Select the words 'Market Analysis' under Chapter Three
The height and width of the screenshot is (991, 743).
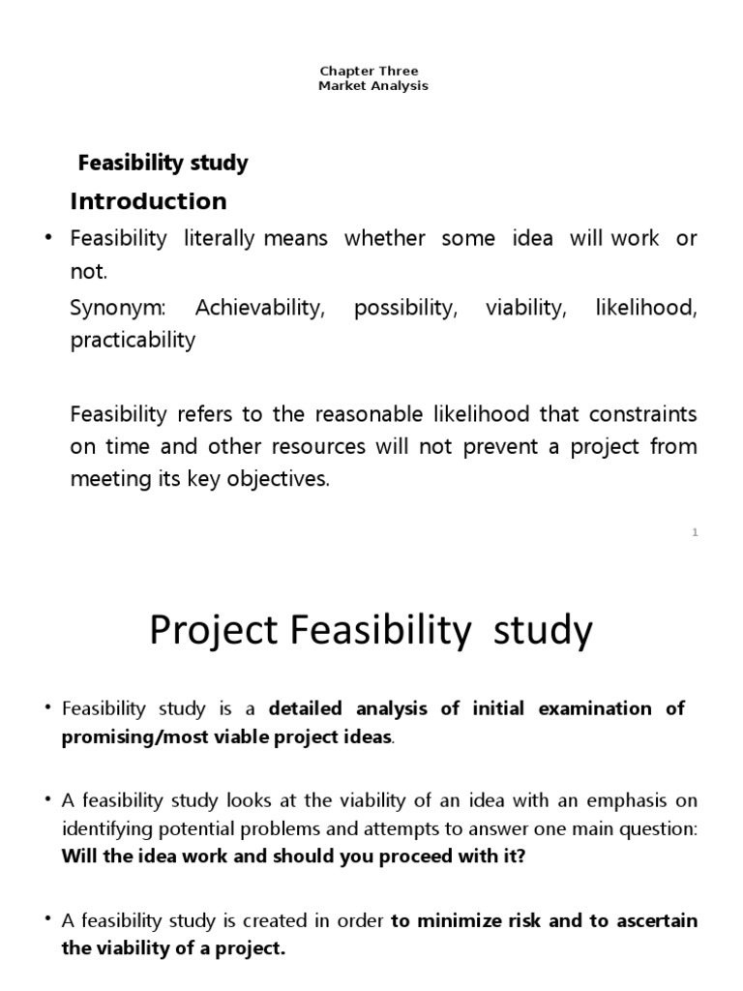coord(372,86)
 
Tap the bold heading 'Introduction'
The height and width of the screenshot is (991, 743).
coord(149,201)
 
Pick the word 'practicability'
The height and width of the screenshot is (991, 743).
coord(133,341)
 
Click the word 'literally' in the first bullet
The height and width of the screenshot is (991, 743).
coord(219,238)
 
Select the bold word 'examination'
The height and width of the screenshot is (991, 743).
coord(598,708)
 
